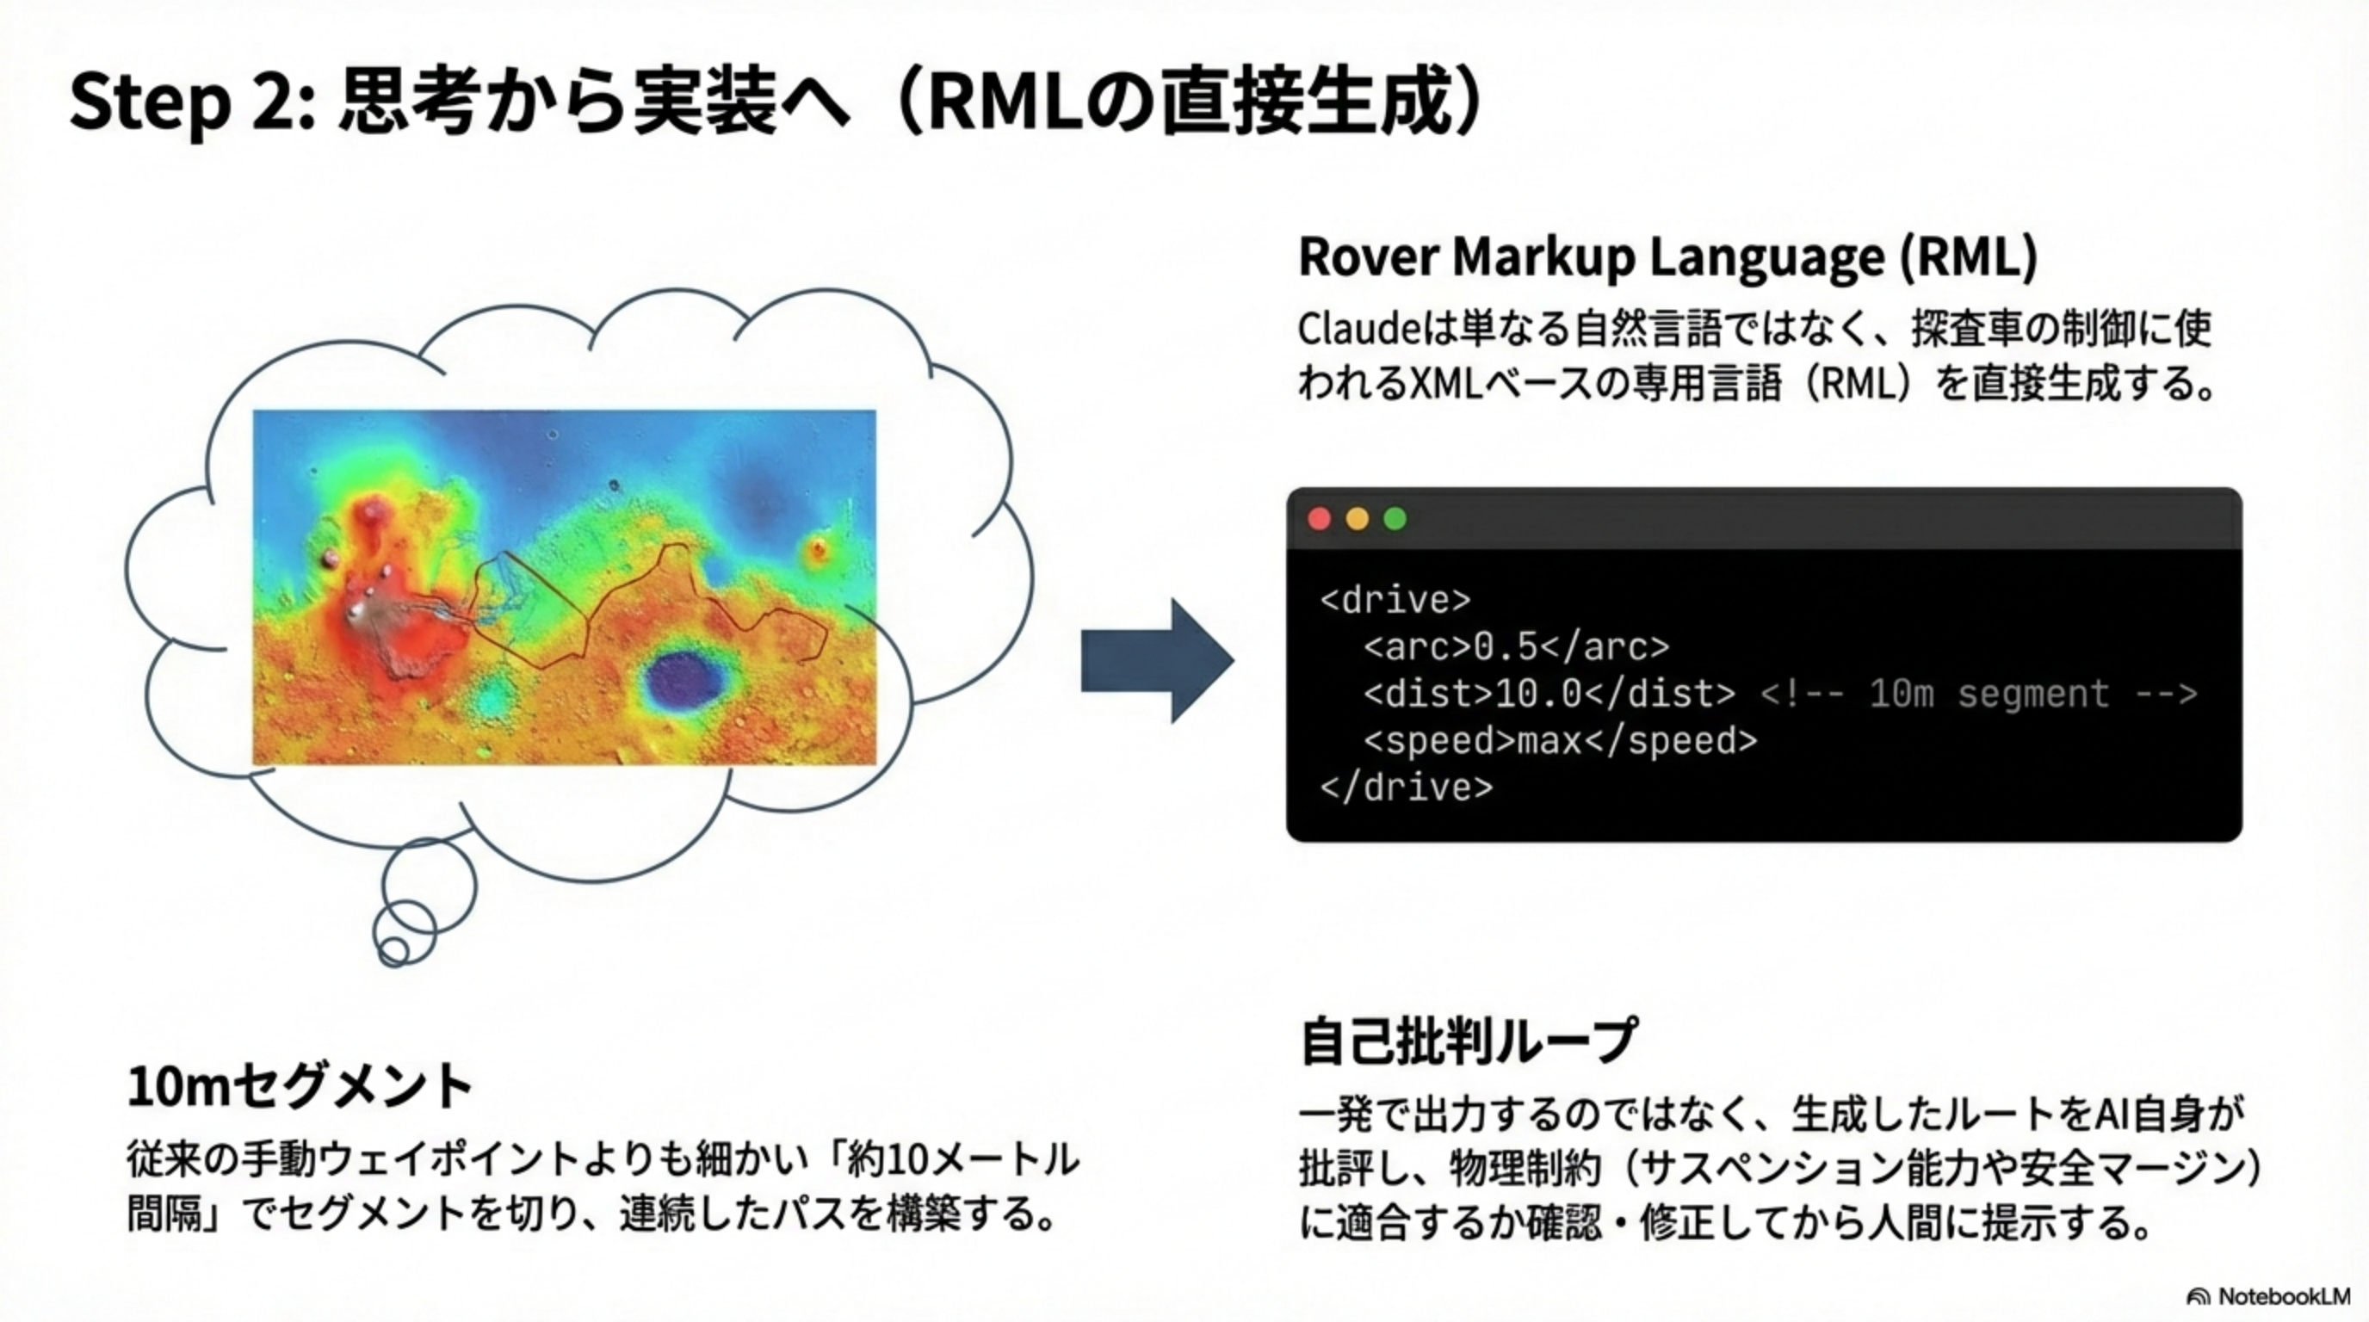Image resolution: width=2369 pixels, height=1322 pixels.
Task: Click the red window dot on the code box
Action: [1319, 520]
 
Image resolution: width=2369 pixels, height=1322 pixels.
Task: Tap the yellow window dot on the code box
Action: [1357, 520]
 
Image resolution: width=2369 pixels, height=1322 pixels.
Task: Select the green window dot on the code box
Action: [1395, 520]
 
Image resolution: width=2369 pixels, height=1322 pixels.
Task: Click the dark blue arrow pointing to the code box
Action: [1157, 660]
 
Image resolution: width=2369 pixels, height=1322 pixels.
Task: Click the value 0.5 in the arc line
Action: [1506, 647]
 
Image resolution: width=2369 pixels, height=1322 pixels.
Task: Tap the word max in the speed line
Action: [1549, 741]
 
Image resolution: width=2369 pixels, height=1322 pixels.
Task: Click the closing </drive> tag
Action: [1406, 788]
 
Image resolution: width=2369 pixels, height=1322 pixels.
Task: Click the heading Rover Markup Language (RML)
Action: [1667, 256]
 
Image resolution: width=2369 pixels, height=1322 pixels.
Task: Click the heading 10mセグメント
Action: [300, 1087]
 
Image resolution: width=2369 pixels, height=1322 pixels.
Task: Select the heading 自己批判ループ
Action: [1468, 1041]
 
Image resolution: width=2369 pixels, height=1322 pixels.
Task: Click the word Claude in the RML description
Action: [1359, 329]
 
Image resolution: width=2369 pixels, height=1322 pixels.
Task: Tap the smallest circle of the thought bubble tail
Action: [393, 949]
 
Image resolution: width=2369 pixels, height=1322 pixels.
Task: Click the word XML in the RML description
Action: [1448, 384]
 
